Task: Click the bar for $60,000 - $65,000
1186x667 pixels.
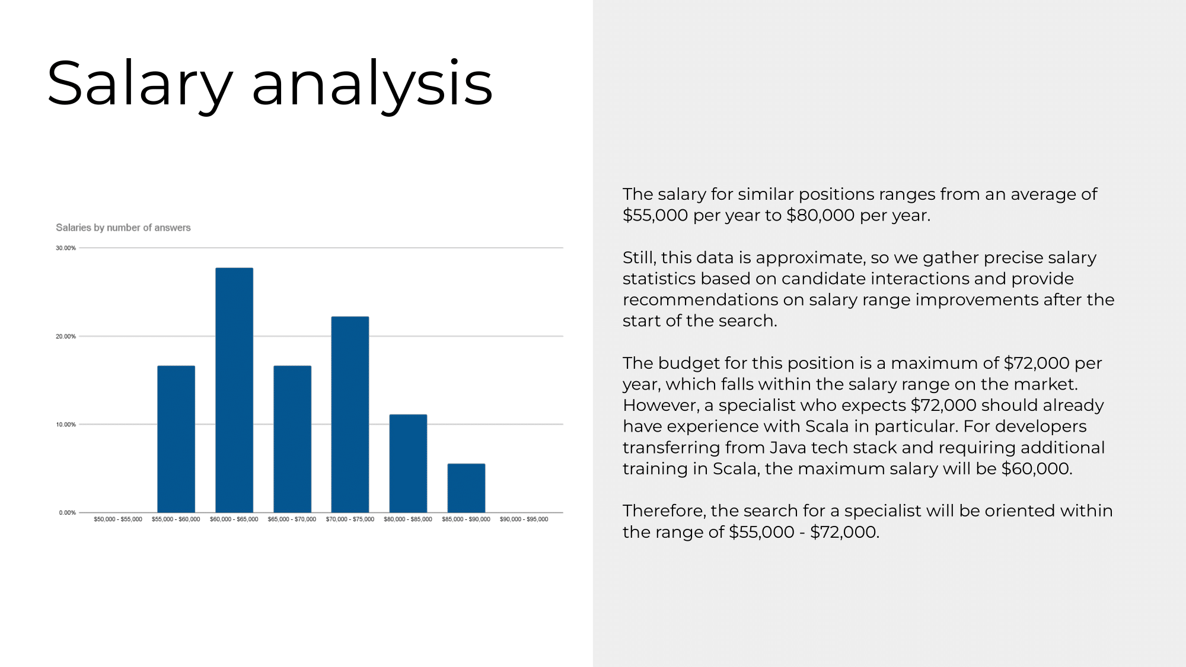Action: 234,390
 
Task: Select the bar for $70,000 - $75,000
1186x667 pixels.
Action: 350,414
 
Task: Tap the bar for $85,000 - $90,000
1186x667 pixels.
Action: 466,488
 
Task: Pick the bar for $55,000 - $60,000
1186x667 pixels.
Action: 176,439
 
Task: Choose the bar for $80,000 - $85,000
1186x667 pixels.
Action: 408,464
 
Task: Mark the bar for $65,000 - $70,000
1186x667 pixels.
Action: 292,439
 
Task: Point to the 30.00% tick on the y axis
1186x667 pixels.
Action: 66,248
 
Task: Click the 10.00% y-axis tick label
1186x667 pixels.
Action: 66,425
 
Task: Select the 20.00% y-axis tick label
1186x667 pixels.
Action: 66,336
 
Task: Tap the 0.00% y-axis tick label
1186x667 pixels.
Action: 68,512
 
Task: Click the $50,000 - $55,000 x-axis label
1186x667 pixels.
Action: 118,519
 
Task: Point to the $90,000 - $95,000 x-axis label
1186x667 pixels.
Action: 524,519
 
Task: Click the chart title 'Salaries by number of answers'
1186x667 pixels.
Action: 123,228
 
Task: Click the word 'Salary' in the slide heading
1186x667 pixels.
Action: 140,84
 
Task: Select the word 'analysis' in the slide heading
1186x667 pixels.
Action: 372,84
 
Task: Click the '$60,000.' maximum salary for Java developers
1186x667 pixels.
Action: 1037,469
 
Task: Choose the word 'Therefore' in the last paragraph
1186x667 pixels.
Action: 662,511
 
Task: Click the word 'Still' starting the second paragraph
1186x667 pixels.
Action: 637,258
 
